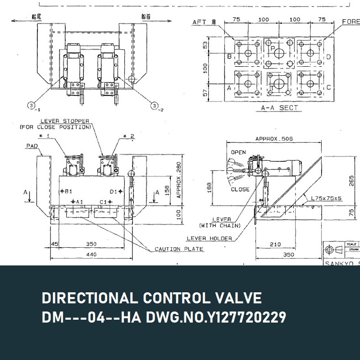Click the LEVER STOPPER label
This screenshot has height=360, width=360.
[x=60, y=121]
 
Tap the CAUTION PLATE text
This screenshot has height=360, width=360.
[x=179, y=249]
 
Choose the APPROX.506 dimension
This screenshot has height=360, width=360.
[x=274, y=139]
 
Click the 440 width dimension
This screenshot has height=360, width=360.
[x=91, y=254]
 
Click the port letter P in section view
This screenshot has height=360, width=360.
[x=273, y=49]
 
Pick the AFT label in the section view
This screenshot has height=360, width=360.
[x=201, y=22]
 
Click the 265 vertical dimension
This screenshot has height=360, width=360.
[x=351, y=180]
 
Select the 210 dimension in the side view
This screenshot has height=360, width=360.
[x=275, y=244]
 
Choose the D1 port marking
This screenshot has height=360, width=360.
[x=113, y=192]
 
